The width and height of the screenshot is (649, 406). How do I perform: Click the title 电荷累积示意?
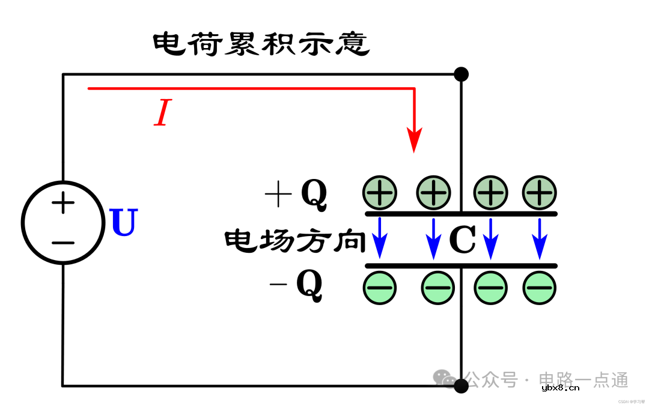[261, 44]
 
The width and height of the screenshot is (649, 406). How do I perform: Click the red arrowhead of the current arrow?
[414, 141]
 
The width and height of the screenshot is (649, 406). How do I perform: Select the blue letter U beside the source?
[124, 223]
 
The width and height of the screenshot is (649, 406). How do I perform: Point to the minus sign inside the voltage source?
[63, 243]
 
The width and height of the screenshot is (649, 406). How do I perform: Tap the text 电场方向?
[295, 241]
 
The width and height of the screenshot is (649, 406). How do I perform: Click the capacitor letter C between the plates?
[462, 240]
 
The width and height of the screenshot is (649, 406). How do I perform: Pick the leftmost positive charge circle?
[380, 193]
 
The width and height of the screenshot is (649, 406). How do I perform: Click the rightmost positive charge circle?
[540, 193]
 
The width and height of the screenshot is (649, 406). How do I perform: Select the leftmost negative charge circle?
[380, 288]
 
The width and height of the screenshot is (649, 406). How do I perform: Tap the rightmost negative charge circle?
[540, 288]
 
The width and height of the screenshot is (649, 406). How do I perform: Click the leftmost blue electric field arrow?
[380, 238]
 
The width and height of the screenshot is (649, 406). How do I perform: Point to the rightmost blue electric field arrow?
[540, 238]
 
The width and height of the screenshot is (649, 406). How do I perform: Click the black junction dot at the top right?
[461, 74]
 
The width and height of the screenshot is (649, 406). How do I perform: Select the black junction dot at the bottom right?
[461, 386]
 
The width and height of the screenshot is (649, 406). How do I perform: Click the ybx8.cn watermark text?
[560, 388]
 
